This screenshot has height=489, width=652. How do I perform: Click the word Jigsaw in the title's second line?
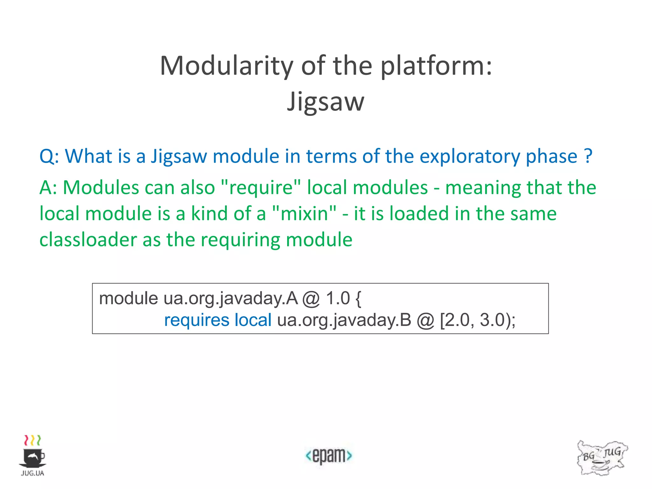pos(325,102)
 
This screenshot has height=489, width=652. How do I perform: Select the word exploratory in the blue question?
pos(470,156)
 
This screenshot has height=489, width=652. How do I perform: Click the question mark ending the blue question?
pos(588,156)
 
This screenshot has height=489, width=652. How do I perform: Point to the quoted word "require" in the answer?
pos(261,188)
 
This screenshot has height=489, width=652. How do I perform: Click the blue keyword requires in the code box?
pos(196,320)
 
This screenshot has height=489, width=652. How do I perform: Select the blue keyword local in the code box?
pos(253,320)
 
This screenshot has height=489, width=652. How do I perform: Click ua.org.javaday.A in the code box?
pos(230,299)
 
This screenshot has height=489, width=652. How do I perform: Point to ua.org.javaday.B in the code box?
pos(344,320)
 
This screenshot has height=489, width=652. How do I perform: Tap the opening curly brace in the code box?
pos(358,299)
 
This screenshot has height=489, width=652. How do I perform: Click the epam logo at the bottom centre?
pos(329,456)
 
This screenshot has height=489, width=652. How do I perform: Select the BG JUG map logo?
pos(602,458)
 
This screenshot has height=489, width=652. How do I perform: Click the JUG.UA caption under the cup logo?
pos(32,473)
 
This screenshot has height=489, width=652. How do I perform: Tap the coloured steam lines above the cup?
pos(32,440)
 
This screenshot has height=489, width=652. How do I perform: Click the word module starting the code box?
pos(128,299)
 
